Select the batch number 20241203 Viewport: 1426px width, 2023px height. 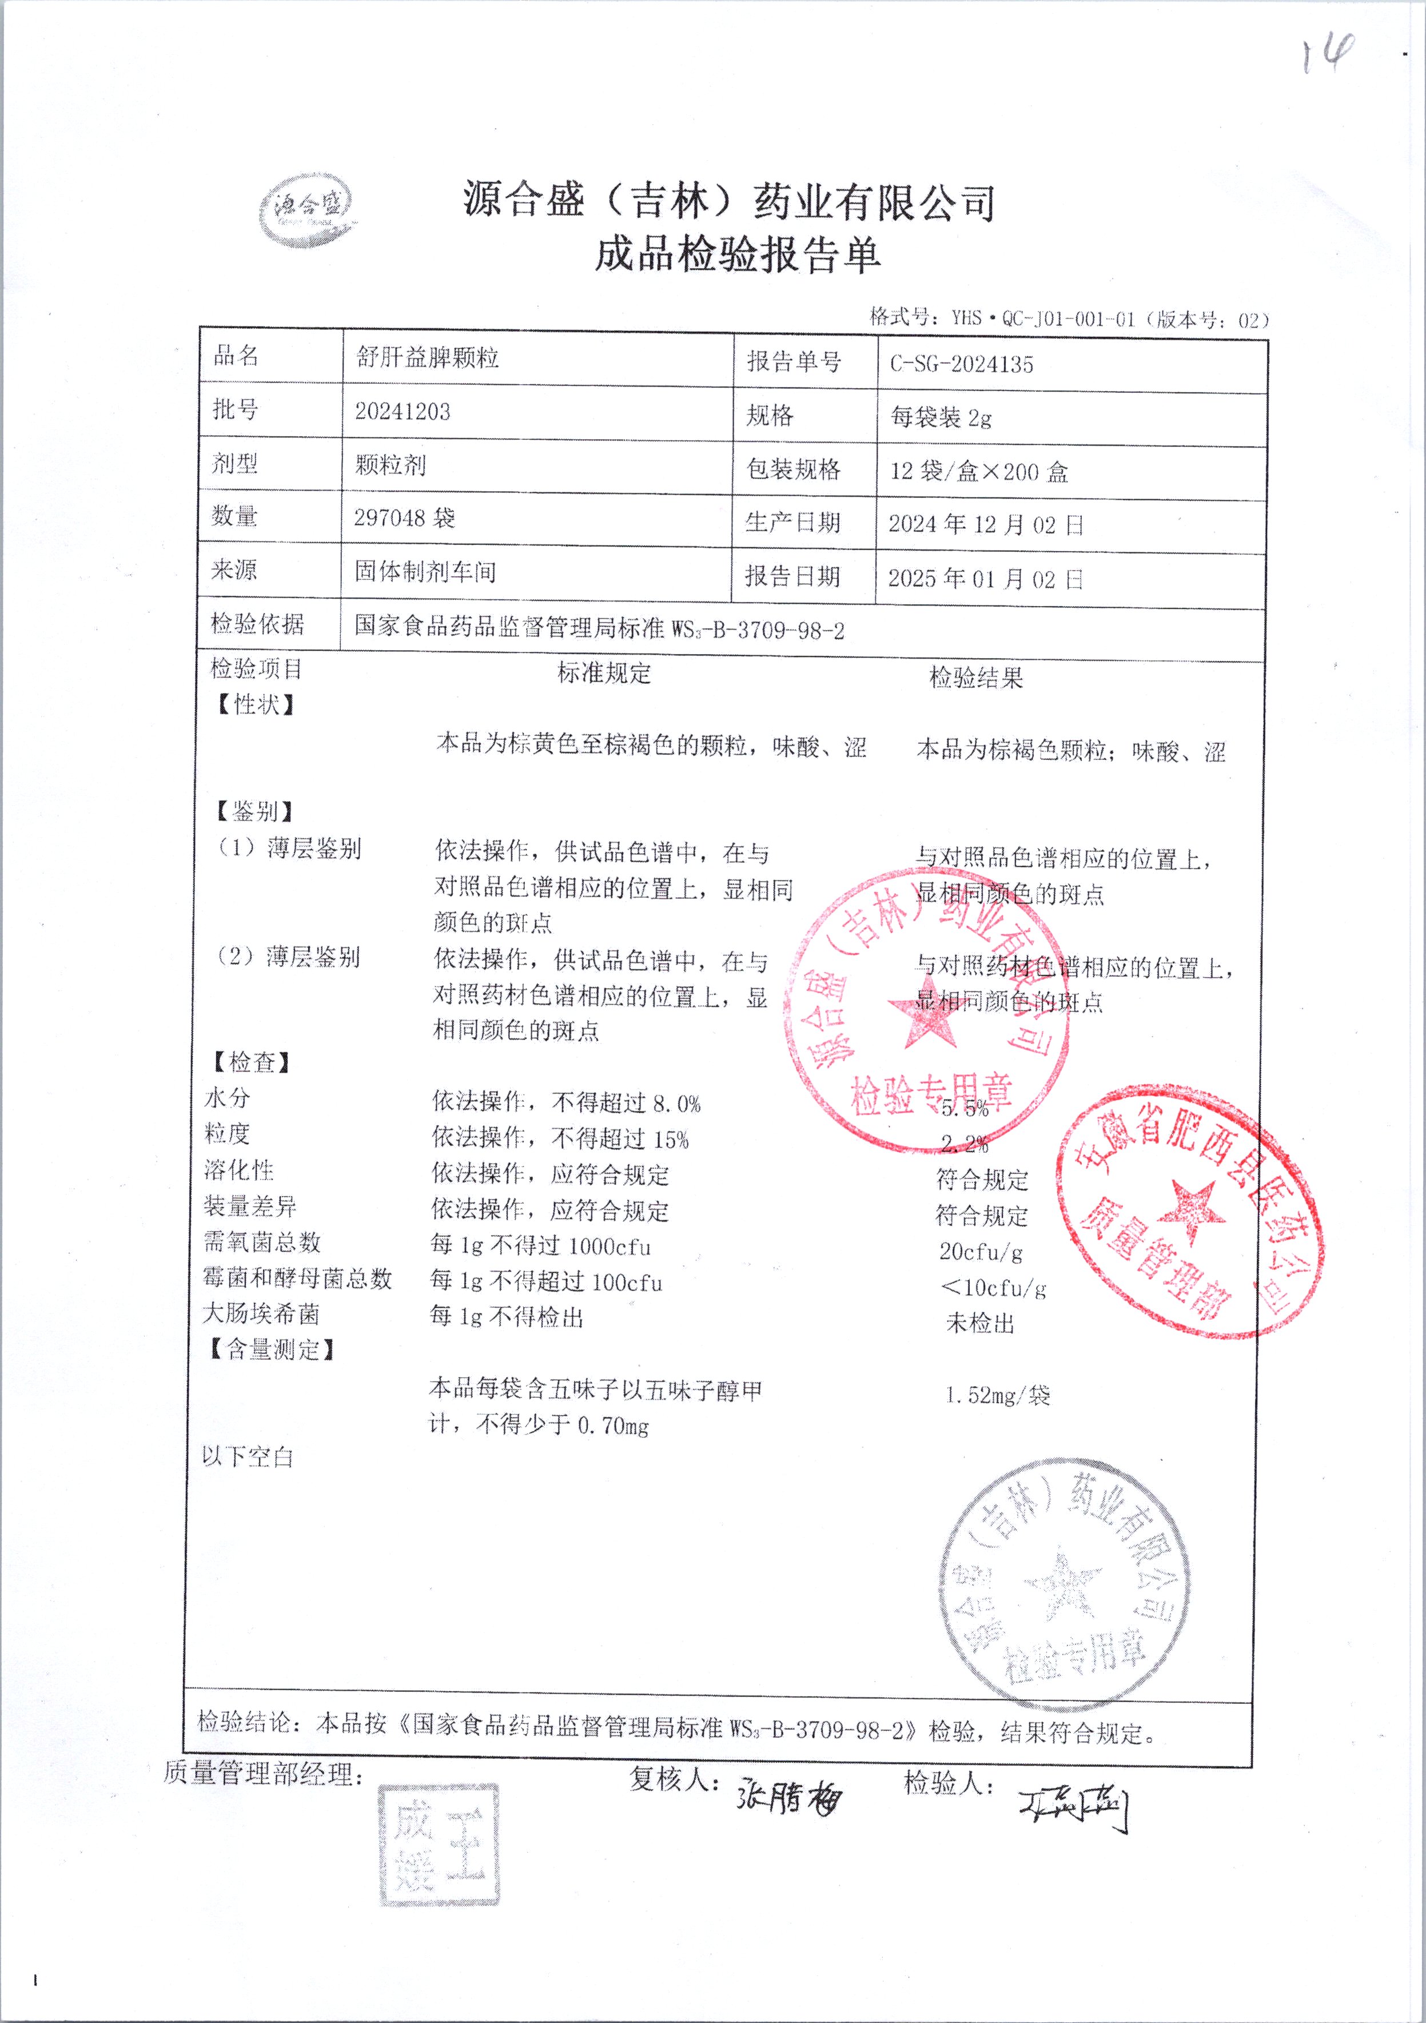pos(402,412)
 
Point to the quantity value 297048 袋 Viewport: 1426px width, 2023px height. pos(405,517)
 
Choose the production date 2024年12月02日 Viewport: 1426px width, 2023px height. pos(985,524)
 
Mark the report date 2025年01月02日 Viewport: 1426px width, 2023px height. pos(985,578)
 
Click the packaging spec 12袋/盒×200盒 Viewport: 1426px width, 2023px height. pos(979,471)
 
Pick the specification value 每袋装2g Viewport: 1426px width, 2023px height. pos(941,417)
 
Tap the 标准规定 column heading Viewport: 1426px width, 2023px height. pos(604,673)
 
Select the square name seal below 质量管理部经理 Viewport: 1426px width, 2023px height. pos(437,1846)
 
